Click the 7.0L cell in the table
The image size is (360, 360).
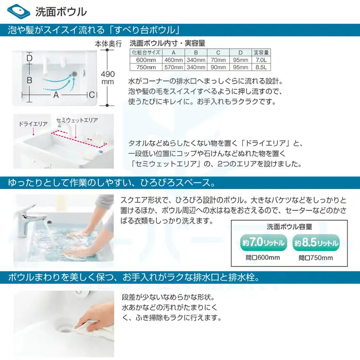pos(261,60)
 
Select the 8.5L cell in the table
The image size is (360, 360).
pos(261,67)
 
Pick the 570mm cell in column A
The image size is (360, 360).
pos(173,67)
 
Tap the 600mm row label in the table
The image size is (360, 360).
pos(143,60)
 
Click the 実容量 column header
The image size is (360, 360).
pos(261,52)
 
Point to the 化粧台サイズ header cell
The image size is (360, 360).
pos(143,52)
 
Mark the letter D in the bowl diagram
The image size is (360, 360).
pos(29,59)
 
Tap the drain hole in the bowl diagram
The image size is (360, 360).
pos(76,75)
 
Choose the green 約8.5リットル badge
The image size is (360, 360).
pos(316,242)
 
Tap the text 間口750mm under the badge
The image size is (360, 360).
pos(316,258)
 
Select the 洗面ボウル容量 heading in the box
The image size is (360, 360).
pos(289,227)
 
